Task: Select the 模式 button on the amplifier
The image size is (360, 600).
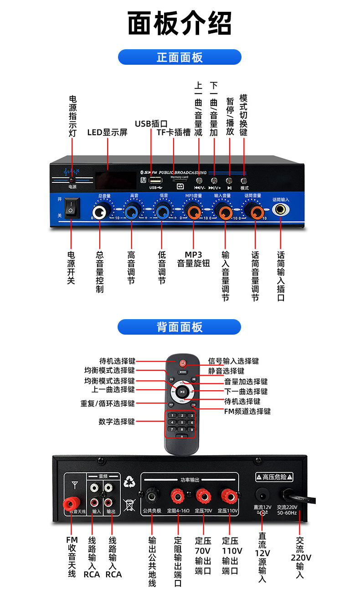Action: tap(244, 181)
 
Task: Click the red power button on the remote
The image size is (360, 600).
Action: tap(182, 363)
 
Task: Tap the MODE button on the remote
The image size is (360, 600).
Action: tap(182, 372)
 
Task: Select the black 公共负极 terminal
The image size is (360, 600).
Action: tap(152, 495)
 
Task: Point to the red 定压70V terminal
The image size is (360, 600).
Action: tap(202, 495)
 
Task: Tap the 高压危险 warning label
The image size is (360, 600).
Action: tap(274, 477)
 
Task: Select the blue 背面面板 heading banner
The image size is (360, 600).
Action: tap(180, 327)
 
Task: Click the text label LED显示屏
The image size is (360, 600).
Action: tap(107, 133)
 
